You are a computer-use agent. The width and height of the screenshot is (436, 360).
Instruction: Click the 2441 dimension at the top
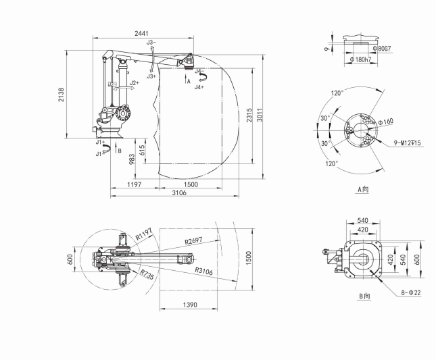point(141,33)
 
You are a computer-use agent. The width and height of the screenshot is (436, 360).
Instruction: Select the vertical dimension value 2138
point(61,95)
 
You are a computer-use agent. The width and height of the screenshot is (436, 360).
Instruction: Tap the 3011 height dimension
point(260,115)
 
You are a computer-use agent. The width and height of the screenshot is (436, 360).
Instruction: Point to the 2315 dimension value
point(249,115)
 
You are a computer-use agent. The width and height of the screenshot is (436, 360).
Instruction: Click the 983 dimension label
point(132,159)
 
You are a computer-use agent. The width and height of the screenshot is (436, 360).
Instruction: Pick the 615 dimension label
point(141,150)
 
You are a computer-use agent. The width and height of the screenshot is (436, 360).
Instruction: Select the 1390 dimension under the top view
point(190,305)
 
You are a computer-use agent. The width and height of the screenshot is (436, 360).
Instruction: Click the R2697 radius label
point(193,240)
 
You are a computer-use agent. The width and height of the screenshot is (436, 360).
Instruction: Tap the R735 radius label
point(147,274)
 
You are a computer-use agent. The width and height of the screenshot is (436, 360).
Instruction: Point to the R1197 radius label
point(144,234)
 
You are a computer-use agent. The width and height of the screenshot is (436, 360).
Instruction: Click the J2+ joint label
point(135,83)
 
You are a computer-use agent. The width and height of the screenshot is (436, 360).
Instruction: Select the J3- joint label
point(151,43)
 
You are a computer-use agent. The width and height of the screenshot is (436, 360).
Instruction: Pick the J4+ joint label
point(199,87)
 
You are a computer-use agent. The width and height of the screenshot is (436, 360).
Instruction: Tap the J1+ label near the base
point(100,142)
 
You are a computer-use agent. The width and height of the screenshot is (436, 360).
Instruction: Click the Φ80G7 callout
point(382,49)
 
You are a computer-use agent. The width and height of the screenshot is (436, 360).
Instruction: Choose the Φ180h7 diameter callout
point(361,59)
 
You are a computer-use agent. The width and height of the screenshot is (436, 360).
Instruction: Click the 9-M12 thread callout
point(407,143)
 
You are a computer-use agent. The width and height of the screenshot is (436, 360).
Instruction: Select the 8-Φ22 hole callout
point(411,292)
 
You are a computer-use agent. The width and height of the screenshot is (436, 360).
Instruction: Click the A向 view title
point(363,189)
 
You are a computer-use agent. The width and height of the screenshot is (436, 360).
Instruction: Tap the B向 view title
point(365,296)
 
